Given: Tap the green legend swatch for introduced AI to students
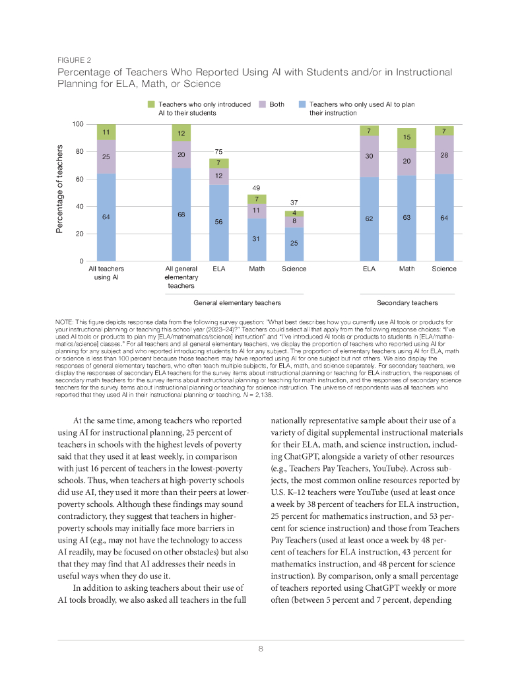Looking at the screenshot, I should (151, 104).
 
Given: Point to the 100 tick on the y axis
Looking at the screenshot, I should (78, 125).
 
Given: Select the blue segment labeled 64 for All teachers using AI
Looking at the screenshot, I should (106, 217).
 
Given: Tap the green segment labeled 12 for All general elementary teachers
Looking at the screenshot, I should (181, 133).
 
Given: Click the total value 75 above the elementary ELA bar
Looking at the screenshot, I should (218, 151).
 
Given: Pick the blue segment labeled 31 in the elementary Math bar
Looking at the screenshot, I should (256, 240).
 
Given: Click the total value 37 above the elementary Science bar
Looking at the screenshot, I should (294, 202).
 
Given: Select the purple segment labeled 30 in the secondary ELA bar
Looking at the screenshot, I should (369, 156).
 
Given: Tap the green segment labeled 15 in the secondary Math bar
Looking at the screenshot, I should (407, 138).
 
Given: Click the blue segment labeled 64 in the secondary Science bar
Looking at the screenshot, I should (444, 217).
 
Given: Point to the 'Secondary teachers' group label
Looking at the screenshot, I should (407, 303).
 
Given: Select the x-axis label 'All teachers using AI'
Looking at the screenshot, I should (106, 273).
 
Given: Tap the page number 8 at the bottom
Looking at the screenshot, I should (261, 649).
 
